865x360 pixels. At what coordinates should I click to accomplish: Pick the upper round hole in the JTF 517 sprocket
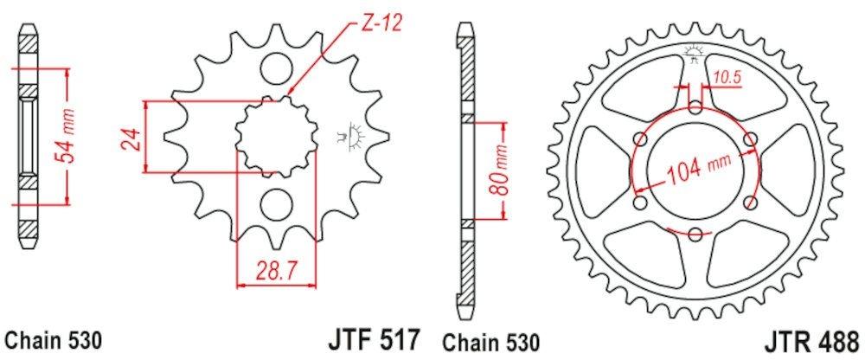pyautogui.click(x=276, y=67)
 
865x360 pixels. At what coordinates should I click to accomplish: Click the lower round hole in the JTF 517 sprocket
pyautogui.click(x=276, y=204)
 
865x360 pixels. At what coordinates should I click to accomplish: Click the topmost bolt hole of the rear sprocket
pyautogui.click(x=697, y=107)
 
